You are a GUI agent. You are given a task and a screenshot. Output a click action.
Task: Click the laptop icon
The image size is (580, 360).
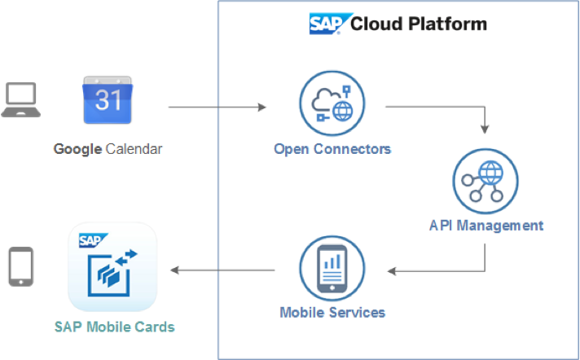21,101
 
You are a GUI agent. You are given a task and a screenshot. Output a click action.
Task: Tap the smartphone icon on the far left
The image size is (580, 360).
20,267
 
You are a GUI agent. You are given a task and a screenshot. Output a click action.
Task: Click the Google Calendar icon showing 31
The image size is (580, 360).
108,101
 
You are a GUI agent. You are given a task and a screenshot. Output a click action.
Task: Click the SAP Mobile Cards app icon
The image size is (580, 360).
112,266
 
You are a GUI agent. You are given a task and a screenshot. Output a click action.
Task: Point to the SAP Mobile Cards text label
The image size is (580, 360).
114,327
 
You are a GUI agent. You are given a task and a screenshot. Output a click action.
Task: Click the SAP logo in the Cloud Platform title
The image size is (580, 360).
328,23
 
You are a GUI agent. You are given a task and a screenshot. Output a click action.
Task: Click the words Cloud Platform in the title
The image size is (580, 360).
418,24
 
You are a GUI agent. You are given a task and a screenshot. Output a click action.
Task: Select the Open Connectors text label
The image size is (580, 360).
332,149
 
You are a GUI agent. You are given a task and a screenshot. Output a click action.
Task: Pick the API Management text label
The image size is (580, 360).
486,225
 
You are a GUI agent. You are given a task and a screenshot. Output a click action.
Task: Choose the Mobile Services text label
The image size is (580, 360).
332,312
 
